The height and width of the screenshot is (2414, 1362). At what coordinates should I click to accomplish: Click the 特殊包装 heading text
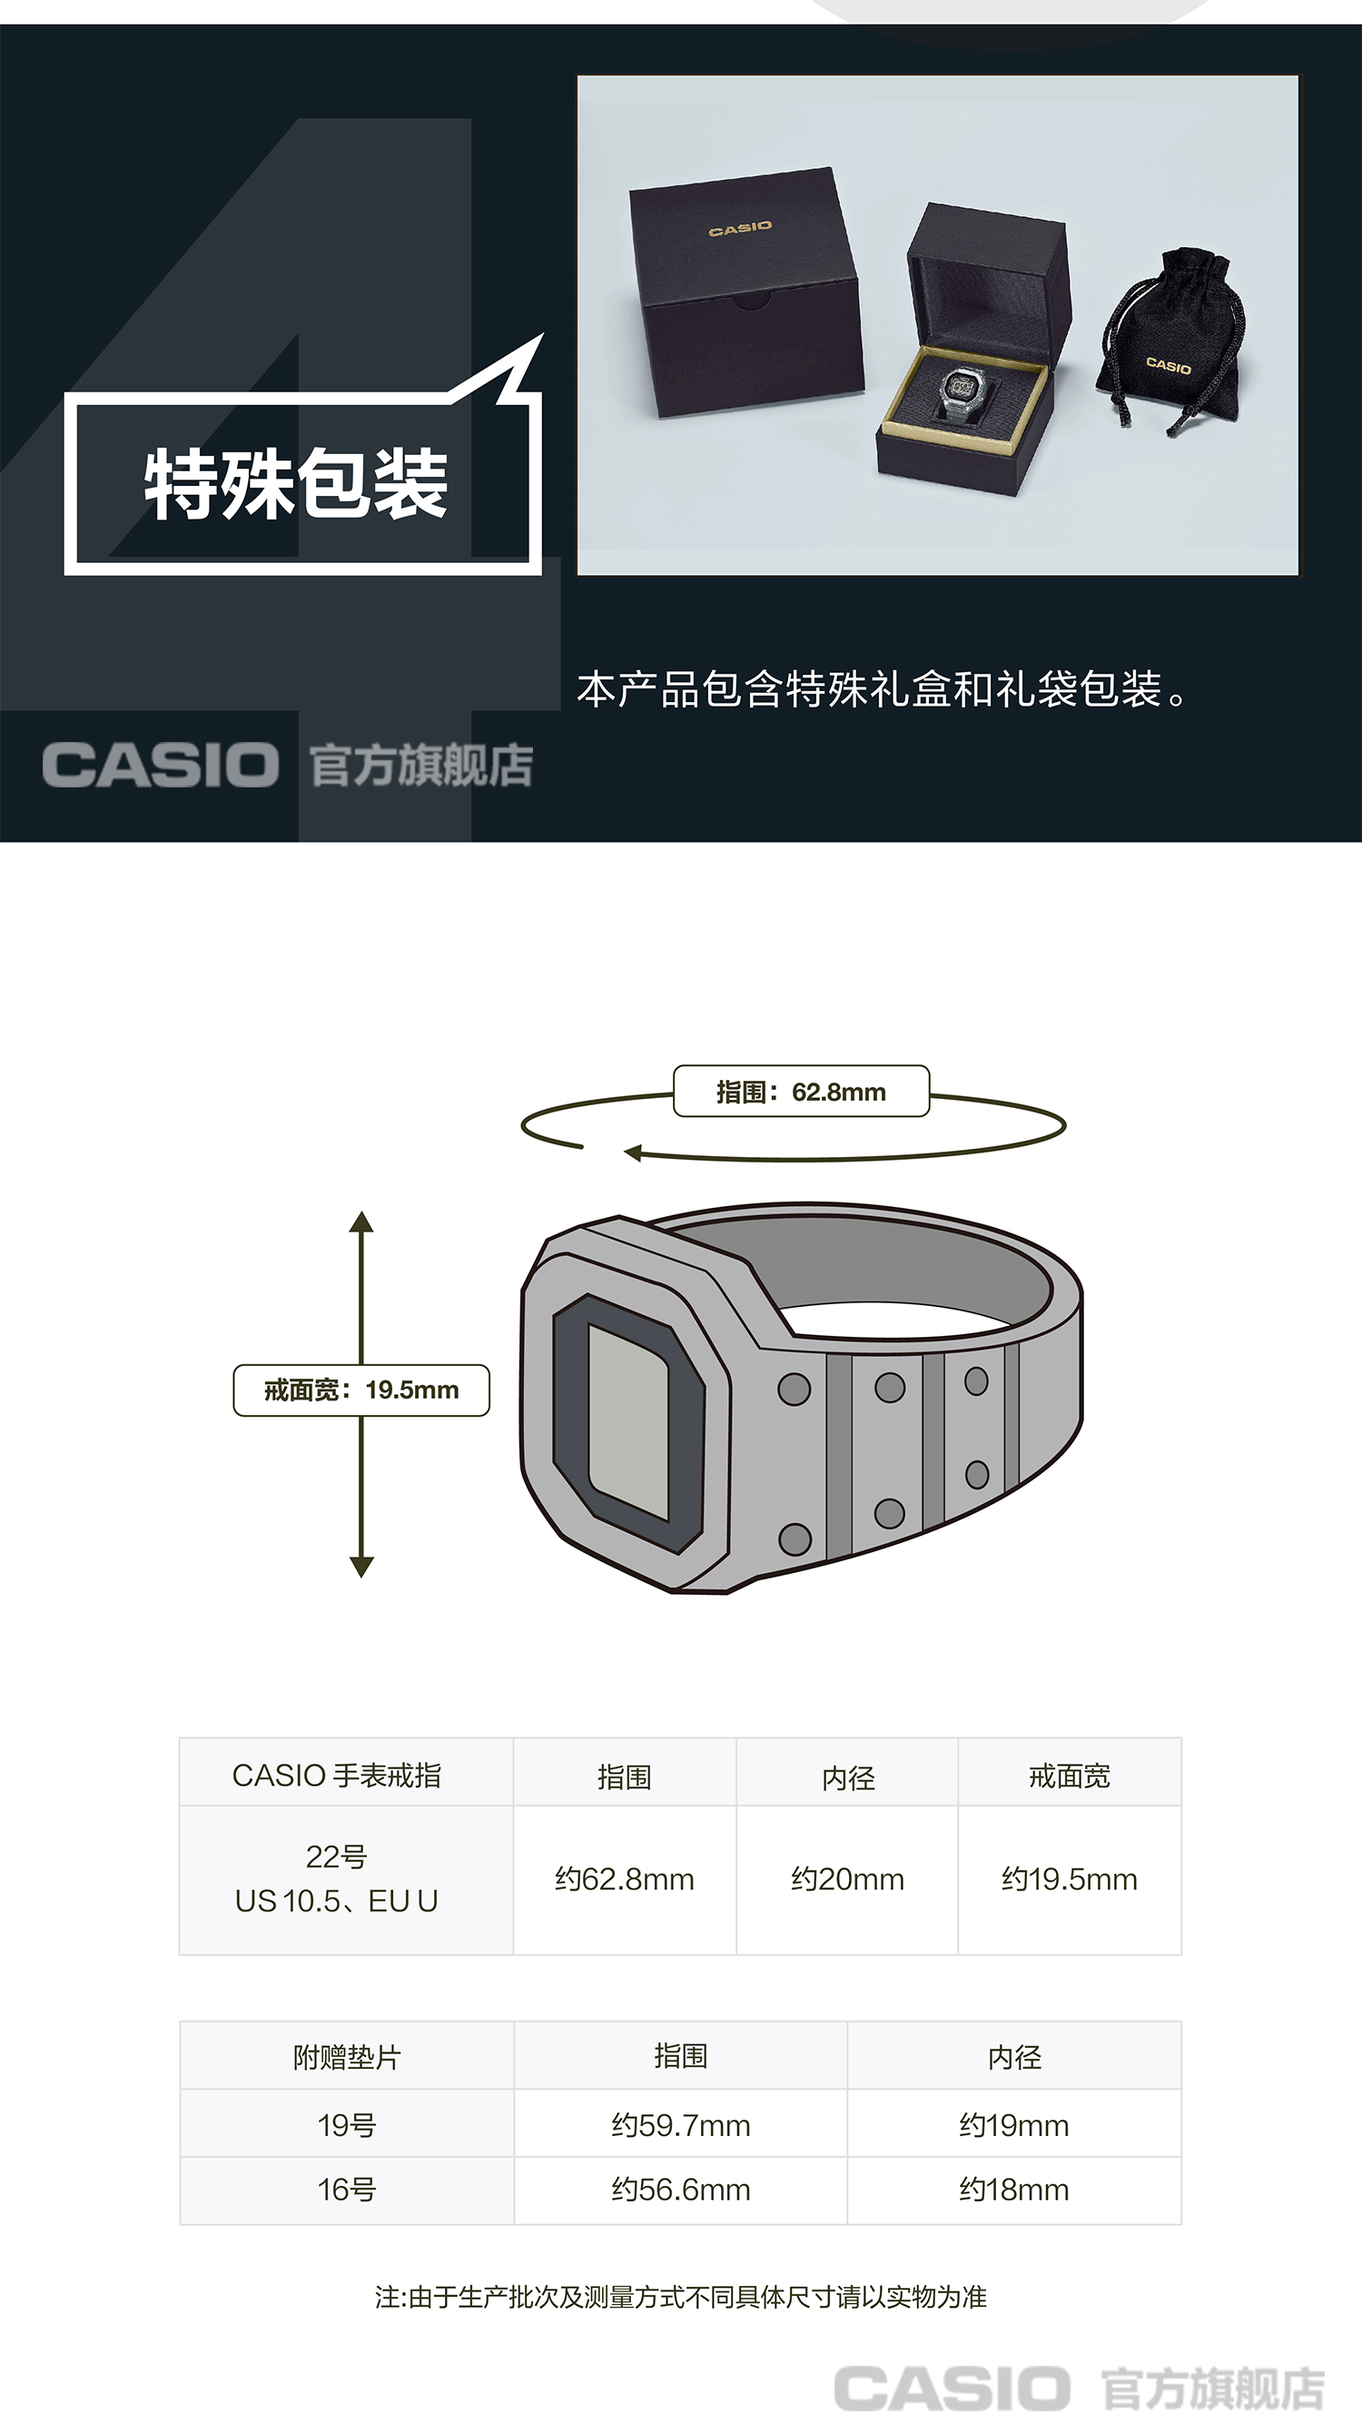[x=296, y=483]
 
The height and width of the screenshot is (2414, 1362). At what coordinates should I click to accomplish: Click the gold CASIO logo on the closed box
[x=740, y=228]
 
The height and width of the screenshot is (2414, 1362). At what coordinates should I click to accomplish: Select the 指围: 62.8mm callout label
[x=801, y=1092]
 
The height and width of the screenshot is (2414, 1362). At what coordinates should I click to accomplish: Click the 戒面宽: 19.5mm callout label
[x=361, y=1390]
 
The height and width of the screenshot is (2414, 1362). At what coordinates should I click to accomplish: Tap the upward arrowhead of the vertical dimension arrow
[x=361, y=1222]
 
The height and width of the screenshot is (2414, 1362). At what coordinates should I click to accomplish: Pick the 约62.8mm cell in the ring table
[x=625, y=1879]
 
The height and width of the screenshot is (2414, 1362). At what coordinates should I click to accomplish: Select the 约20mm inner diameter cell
[x=848, y=1879]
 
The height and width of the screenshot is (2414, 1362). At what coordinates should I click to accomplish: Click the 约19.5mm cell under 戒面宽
[x=1070, y=1879]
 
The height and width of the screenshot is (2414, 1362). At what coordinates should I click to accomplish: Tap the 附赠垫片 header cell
[x=347, y=2057]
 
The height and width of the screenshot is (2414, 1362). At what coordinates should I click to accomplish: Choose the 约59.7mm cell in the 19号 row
[x=681, y=2124]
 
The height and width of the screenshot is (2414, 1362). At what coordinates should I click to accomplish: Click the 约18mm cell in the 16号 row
[x=1013, y=2189]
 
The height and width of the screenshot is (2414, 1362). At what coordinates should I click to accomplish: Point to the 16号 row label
[x=347, y=2189]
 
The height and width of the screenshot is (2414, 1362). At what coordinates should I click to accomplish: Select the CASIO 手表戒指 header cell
[x=336, y=1775]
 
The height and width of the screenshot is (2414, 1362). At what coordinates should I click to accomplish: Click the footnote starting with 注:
[x=681, y=2296]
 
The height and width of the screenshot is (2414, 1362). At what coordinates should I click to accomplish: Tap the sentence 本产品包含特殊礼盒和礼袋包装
[x=882, y=689]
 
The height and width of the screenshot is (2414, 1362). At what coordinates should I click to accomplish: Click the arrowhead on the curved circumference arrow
[x=633, y=1153]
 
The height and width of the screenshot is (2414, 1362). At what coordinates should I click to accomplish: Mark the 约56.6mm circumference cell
[x=681, y=2189]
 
